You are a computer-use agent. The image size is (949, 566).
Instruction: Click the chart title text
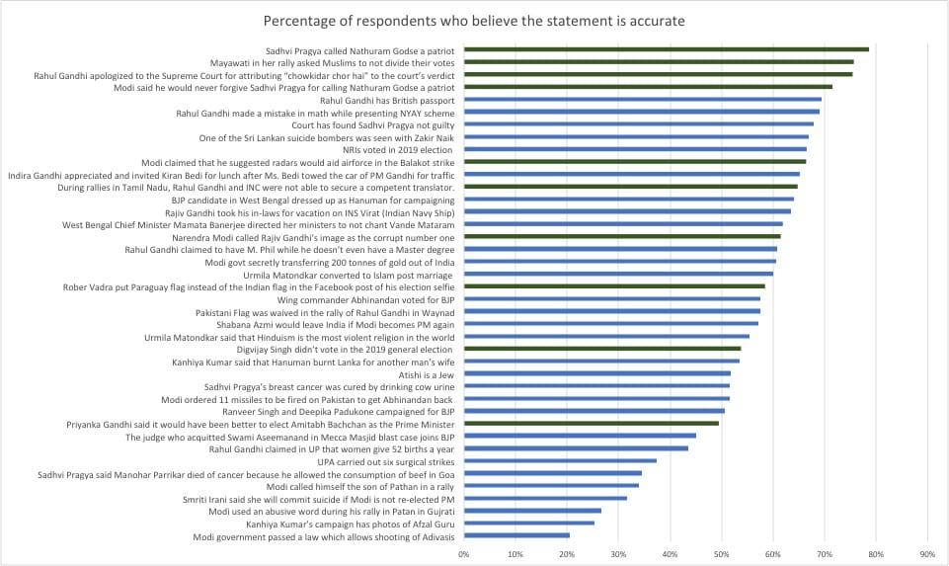pyautogui.click(x=474, y=21)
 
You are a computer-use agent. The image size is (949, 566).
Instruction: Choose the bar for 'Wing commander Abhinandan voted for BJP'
pyautogui.click(x=611, y=299)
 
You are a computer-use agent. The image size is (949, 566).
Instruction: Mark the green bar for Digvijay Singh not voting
pyautogui.click(x=601, y=349)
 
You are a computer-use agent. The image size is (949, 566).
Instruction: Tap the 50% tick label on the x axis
pyautogui.click(x=721, y=554)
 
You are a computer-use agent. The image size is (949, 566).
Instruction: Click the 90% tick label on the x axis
pyautogui.click(x=926, y=554)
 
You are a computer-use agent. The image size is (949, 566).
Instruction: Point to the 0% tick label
pyautogui.click(x=464, y=554)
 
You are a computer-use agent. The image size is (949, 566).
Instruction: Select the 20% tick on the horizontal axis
pyautogui.click(x=567, y=554)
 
